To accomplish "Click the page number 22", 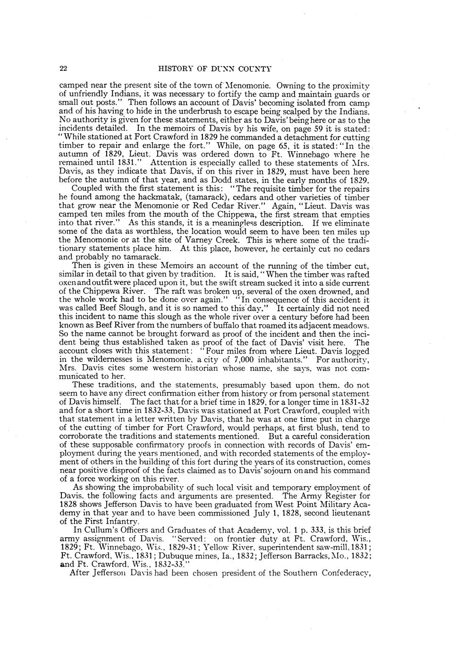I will click(63, 69).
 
